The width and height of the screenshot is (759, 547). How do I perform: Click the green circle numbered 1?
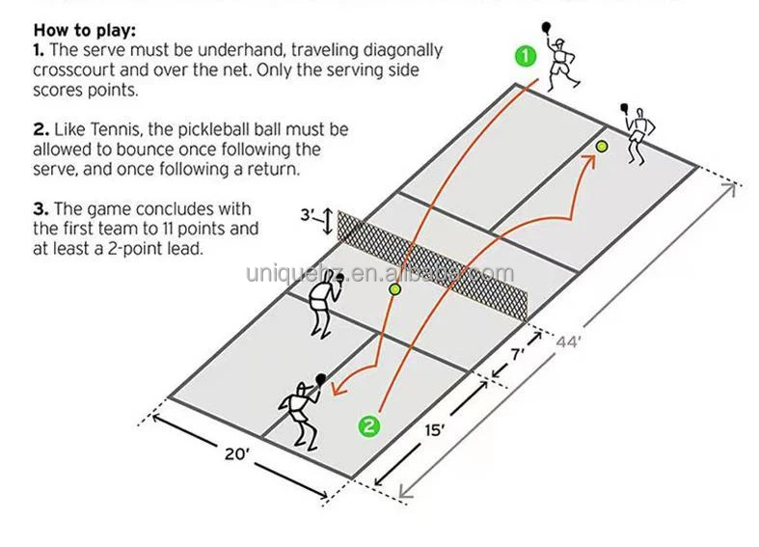tap(525, 56)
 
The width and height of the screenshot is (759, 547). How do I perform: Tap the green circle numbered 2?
tap(368, 425)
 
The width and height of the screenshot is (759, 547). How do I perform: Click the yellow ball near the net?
tap(394, 288)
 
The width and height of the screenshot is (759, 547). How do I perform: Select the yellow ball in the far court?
tap(601, 147)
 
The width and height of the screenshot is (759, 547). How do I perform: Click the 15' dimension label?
tap(434, 429)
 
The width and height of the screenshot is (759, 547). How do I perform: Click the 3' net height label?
tap(308, 215)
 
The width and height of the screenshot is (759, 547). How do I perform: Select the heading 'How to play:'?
tap(85, 30)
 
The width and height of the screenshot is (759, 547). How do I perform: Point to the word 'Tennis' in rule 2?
tap(107, 128)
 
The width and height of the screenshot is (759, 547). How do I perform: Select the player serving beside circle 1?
tap(561, 58)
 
